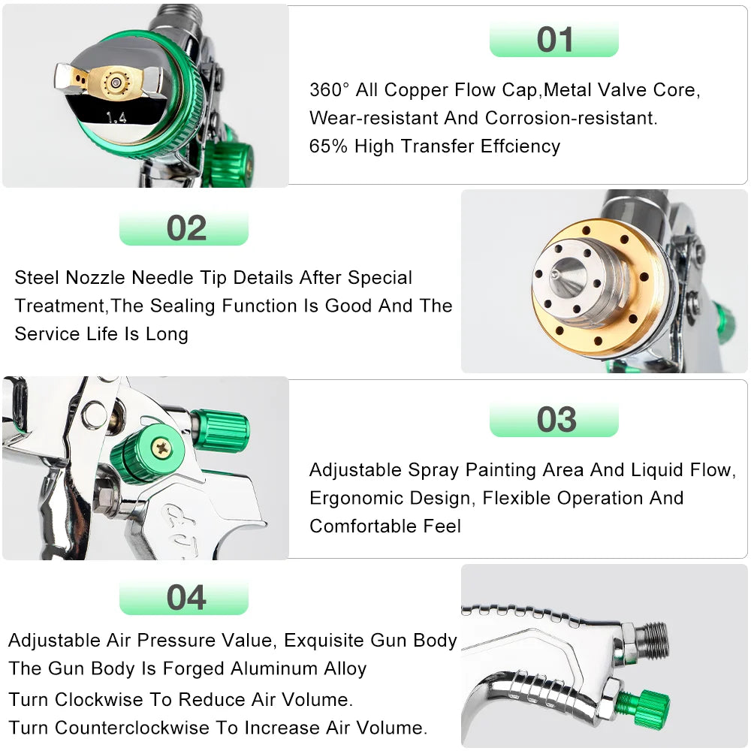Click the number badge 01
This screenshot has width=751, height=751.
pos(554,40)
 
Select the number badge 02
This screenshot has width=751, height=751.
pos(185,228)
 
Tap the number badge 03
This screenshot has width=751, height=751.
pos(555,420)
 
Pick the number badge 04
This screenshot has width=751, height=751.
pos(185,598)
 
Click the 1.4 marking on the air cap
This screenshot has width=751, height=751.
pos(116,116)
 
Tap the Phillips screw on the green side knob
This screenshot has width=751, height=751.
pos(161,448)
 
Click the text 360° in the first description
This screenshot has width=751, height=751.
pos(330,90)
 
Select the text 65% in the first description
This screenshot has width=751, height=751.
pos(329,146)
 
